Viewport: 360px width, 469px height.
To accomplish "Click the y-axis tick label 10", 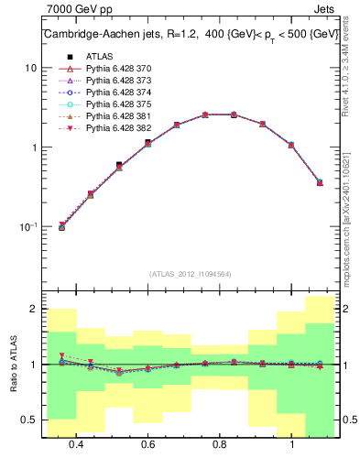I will point(30,68).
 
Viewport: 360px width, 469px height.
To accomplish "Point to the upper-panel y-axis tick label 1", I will point(34,147).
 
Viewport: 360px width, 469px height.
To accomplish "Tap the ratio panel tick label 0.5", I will point(28,420).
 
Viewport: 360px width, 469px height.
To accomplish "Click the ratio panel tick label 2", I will point(34,310).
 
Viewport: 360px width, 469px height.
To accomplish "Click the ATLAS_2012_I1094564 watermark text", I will point(191,274).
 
